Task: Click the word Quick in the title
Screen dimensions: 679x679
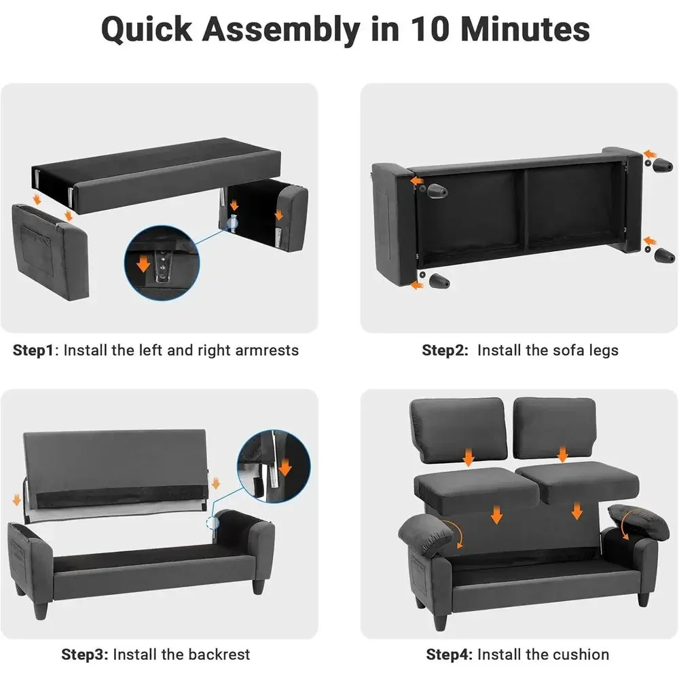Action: [147, 30]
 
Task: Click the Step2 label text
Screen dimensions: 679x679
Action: [445, 350]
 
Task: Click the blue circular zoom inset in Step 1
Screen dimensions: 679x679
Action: [162, 263]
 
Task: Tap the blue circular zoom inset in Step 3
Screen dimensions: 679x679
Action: [274, 466]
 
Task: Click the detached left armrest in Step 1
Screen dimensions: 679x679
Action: [51, 252]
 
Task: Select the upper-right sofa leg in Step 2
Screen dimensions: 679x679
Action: [663, 164]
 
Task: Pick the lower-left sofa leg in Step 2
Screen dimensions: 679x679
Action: [439, 280]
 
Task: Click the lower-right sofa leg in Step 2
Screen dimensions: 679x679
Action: [664, 255]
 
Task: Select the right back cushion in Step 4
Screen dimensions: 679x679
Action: [555, 428]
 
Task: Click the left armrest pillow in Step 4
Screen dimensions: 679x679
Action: [426, 535]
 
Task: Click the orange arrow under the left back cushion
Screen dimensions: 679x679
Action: [469, 457]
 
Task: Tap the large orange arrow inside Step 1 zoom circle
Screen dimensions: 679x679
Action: [143, 263]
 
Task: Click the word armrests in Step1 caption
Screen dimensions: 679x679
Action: [267, 350]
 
